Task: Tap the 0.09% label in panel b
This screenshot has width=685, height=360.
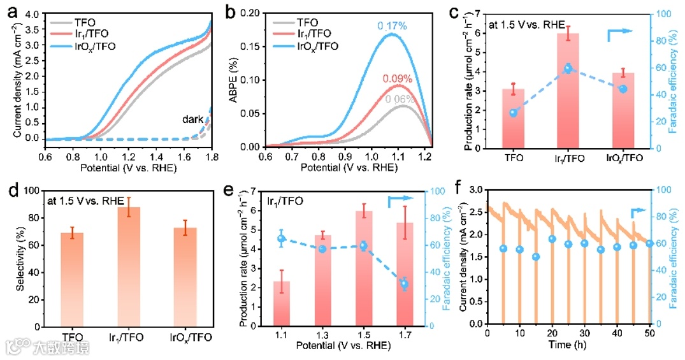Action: point(398,79)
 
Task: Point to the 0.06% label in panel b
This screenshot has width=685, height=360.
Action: point(399,99)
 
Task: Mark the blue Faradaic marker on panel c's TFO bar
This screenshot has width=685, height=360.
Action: point(513,113)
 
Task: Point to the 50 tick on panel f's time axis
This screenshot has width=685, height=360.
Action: point(649,333)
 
